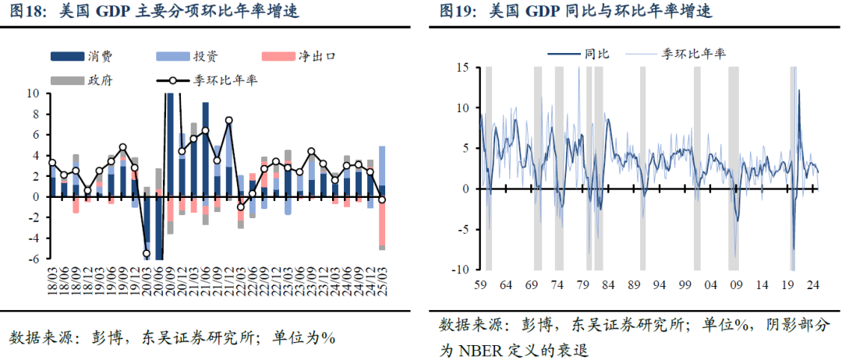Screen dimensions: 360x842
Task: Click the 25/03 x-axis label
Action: [x=382, y=276]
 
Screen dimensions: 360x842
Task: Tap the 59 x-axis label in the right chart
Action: [x=479, y=284]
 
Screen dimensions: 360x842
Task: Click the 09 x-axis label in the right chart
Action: [x=735, y=284]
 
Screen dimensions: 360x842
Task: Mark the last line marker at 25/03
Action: [x=382, y=200]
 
